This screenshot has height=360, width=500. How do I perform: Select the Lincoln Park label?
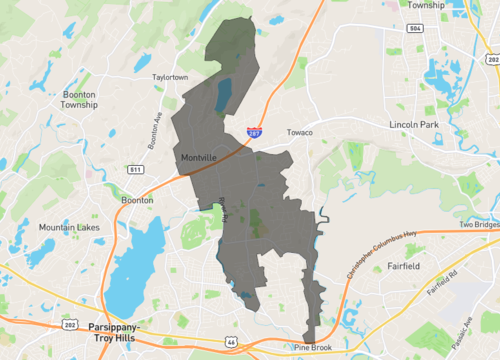pos(414,124)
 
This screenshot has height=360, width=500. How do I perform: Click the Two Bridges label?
pos(477,225)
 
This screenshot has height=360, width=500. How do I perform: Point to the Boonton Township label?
pos(79,99)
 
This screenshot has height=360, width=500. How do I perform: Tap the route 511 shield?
pos(135,170)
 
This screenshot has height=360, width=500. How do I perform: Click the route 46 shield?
pos(231,343)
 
